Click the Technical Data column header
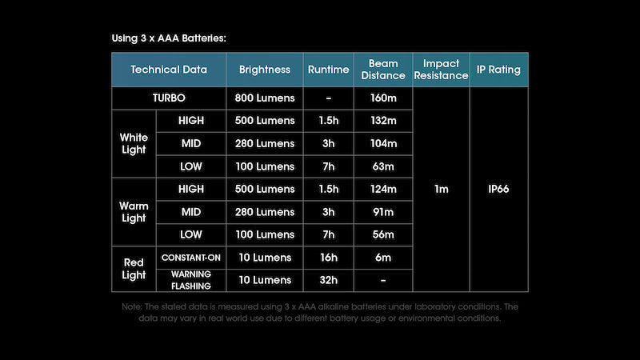[x=169, y=70]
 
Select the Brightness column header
[x=265, y=70]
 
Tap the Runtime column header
[x=328, y=70]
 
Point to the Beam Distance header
[x=383, y=70]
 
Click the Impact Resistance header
[x=441, y=70]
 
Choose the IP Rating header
[x=499, y=70]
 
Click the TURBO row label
[x=169, y=98]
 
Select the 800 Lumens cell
[x=265, y=98]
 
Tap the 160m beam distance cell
[x=383, y=98]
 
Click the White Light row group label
[x=134, y=143]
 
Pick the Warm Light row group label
[x=134, y=212]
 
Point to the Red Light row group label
[x=134, y=269]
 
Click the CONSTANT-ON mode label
[x=191, y=258]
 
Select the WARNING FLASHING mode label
[x=191, y=280]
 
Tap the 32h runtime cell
[x=328, y=280]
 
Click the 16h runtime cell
[x=328, y=258]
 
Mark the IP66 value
[x=499, y=190]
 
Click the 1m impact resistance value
[x=441, y=190]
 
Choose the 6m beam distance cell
[x=383, y=258]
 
